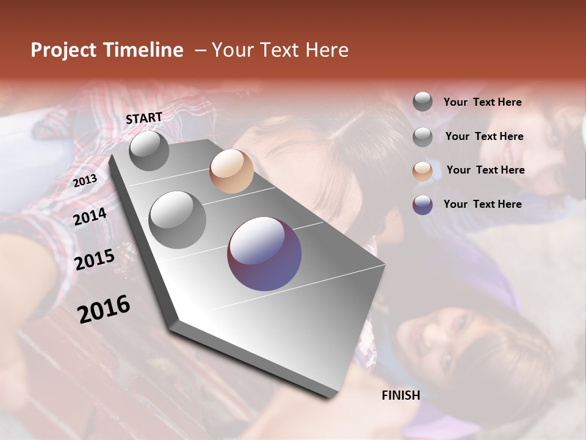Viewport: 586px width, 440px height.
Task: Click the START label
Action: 144,118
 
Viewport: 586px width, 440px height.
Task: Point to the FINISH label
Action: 400,395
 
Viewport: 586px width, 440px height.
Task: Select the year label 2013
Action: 85,181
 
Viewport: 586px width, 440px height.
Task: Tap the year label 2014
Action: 90,216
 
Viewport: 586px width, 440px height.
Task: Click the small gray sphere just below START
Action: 150,151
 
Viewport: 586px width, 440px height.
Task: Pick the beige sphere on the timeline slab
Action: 231,171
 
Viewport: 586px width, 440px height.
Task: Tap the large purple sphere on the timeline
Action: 264,254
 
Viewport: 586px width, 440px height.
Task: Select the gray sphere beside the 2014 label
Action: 178,219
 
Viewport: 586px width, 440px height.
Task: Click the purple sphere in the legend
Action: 422,205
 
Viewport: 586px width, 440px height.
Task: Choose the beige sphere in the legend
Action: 422,171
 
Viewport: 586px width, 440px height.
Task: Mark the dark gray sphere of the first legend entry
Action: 422,102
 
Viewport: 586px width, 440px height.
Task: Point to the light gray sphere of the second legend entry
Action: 422,137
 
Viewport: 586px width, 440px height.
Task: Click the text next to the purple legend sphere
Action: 482,204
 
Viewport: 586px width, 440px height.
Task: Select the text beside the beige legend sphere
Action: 485,170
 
